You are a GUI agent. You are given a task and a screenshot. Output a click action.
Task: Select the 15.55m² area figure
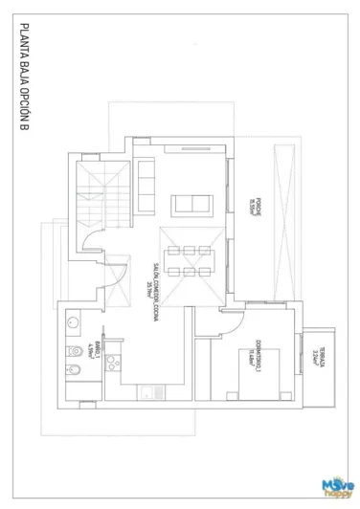pyautogui.click(x=252, y=193)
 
